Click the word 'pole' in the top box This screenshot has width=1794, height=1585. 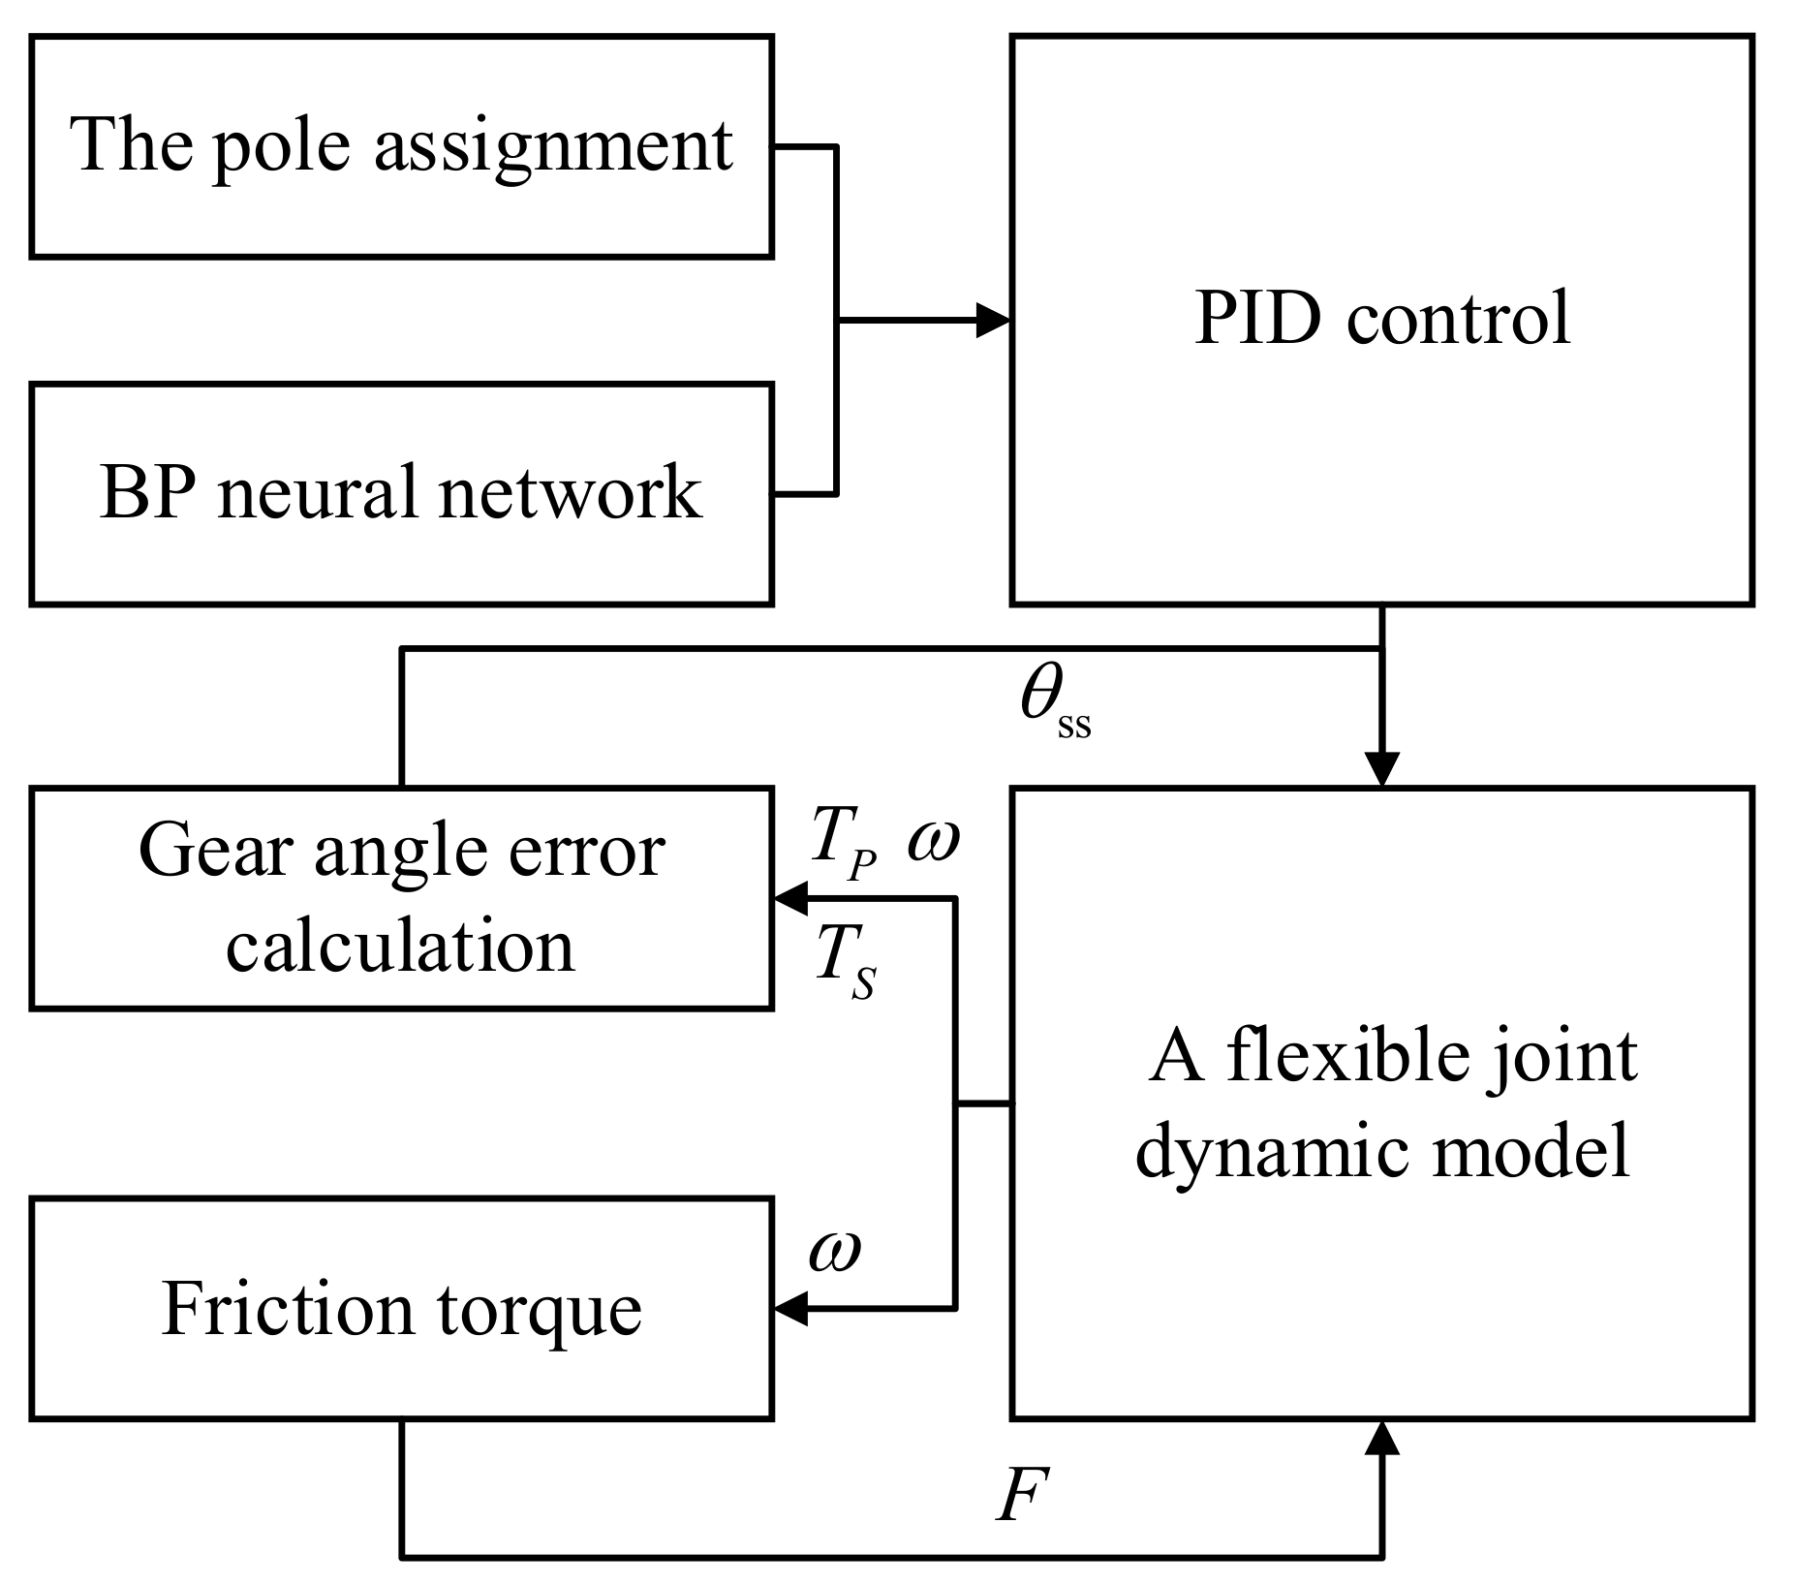pyautogui.click(x=280, y=147)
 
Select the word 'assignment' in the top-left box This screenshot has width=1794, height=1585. pyautogui.click(x=553, y=147)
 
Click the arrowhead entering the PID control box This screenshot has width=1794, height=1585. pyautogui.click(x=993, y=320)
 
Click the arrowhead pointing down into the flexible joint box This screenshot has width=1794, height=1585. pyautogui.click(x=1381, y=769)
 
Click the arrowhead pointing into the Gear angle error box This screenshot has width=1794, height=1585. pyautogui.click(x=790, y=899)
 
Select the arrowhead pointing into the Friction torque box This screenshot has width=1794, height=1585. pyautogui.click(x=790, y=1310)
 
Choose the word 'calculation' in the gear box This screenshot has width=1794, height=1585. pyautogui.click(x=400, y=946)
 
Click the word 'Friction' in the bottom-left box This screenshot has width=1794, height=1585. pyautogui.click(x=288, y=1310)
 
